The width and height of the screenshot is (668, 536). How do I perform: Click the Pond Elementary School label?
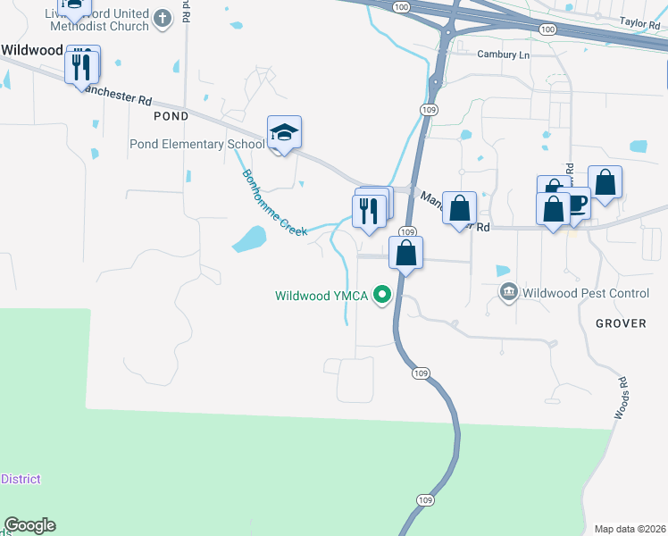pyautogui.click(x=196, y=144)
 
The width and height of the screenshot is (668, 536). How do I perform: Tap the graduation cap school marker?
pyautogui.click(x=284, y=133)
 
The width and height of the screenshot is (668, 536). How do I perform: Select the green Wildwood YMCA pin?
pyautogui.click(x=384, y=295)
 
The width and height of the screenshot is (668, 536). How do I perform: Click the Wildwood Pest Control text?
pyautogui.click(x=586, y=292)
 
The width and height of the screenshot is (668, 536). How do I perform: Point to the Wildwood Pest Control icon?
pyautogui.click(x=509, y=291)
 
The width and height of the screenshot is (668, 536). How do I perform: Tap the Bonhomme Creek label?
pyautogui.click(x=274, y=202)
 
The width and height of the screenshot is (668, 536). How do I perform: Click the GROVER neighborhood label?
pyautogui.click(x=620, y=323)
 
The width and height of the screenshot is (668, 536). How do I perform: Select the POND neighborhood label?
pyautogui.click(x=171, y=116)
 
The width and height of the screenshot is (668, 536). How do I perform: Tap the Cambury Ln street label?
pyautogui.click(x=503, y=54)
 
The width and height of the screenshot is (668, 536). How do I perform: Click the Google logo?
pyautogui.click(x=29, y=525)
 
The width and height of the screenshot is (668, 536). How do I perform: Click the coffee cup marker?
pyautogui.click(x=576, y=205)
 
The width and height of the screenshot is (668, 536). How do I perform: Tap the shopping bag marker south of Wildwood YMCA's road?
pyautogui.click(x=405, y=253)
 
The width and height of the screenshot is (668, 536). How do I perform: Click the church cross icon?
pyautogui.click(x=162, y=18)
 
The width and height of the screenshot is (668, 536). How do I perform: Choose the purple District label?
pyautogui.click(x=21, y=479)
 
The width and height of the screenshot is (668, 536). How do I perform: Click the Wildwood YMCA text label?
pyautogui.click(x=321, y=296)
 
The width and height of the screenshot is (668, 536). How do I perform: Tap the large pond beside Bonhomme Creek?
pyautogui.click(x=248, y=239)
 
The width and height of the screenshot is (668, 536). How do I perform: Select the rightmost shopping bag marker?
pyautogui.click(x=605, y=183)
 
